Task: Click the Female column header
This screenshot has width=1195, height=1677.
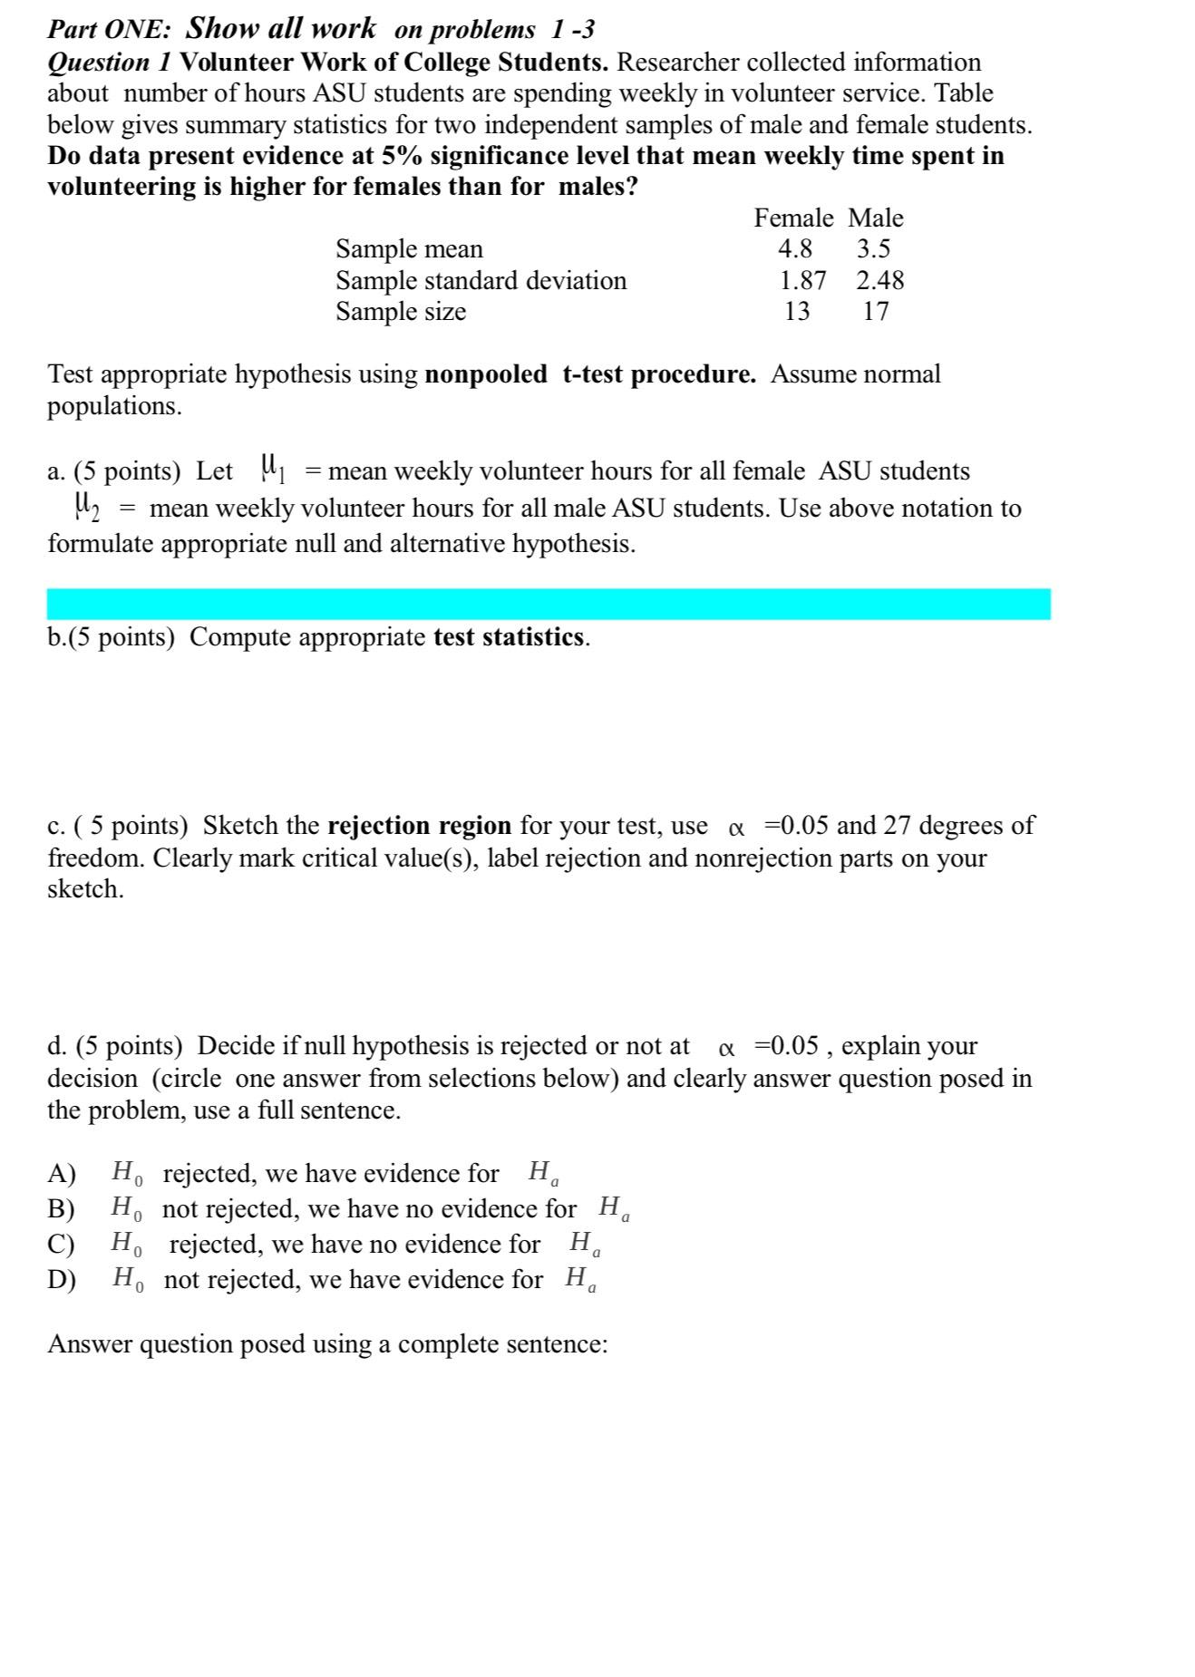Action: coord(793,218)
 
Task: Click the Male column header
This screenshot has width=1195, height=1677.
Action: coord(875,218)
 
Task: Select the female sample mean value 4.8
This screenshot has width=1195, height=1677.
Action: coord(795,248)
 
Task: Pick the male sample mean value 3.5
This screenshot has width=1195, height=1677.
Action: coord(873,248)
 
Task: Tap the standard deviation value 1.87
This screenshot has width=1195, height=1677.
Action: coord(802,280)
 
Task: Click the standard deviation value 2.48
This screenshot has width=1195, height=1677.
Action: coord(879,280)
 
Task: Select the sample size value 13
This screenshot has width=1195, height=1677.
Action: coord(797,312)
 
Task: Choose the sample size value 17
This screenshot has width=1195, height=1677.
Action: coord(875,312)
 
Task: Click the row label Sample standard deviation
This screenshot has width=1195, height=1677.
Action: coord(481,280)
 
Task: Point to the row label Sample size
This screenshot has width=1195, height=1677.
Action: coord(401,312)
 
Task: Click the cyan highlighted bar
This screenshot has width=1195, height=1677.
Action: coord(548,604)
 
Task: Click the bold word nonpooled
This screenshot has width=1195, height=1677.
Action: coord(486,374)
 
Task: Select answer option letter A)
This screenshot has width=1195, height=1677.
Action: coord(61,1174)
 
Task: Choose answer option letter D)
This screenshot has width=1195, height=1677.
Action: coord(61,1280)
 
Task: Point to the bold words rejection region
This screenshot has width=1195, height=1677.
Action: coord(419,826)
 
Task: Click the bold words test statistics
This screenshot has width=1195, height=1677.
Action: coord(509,637)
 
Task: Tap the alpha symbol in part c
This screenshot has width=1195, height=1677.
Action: coord(735,828)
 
